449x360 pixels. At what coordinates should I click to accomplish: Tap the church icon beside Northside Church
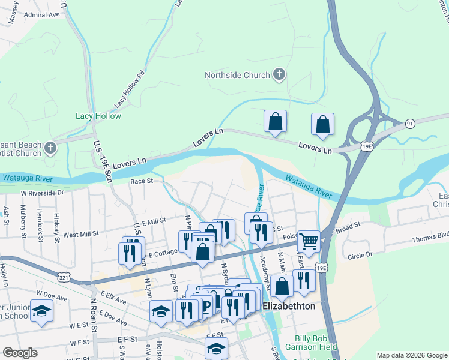279,75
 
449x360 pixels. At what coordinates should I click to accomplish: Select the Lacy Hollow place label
98,116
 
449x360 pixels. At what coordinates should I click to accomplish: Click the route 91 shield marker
410,124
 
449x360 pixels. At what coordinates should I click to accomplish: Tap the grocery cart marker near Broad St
309,241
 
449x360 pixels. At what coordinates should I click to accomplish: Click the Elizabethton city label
298,305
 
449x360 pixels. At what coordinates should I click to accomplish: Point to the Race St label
142,180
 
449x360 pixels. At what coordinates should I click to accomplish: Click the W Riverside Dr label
42,193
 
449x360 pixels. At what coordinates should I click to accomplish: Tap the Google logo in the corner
20,353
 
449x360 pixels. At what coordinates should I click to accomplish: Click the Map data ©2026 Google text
411,355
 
